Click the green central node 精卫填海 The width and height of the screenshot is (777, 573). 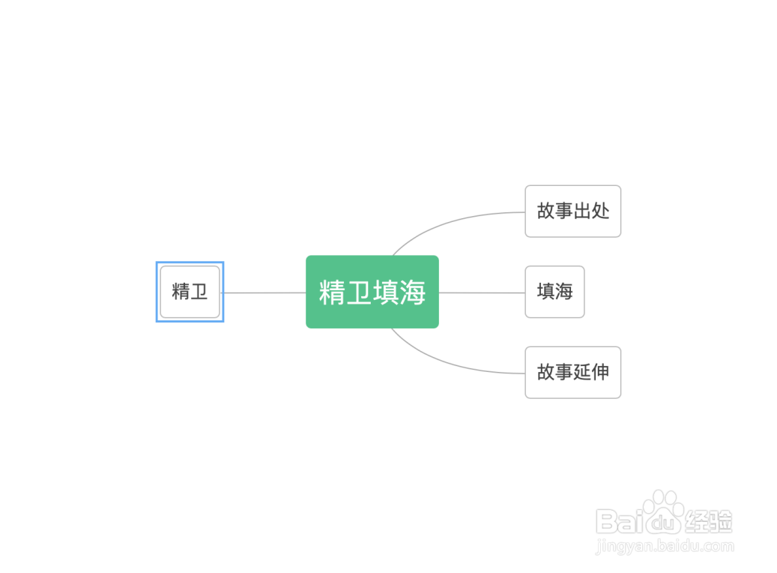click(x=372, y=292)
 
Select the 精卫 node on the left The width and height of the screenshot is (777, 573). click(x=190, y=292)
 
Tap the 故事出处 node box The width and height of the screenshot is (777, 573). click(x=573, y=211)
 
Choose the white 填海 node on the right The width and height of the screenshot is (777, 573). click(x=554, y=292)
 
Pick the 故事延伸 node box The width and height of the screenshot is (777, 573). click(x=573, y=373)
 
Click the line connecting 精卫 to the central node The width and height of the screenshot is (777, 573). click(x=264, y=292)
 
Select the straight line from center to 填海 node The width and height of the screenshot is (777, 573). click(x=482, y=292)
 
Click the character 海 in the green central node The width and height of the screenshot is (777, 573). click(x=412, y=292)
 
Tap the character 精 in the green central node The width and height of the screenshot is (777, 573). click(x=332, y=292)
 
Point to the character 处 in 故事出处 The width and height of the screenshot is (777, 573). click(x=600, y=211)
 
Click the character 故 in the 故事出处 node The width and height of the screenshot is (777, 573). click(x=546, y=211)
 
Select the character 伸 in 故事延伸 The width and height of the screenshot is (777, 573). click(x=600, y=372)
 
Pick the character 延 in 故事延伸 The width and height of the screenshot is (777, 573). click(x=582, y=372)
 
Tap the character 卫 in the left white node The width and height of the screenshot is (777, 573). click(x=199, y=292)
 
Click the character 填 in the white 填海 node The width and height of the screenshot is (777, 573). click(x=545, y=291)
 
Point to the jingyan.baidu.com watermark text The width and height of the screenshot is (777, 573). click(x=665, y=546)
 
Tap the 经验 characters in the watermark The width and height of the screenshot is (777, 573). click(x=708, y=522)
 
